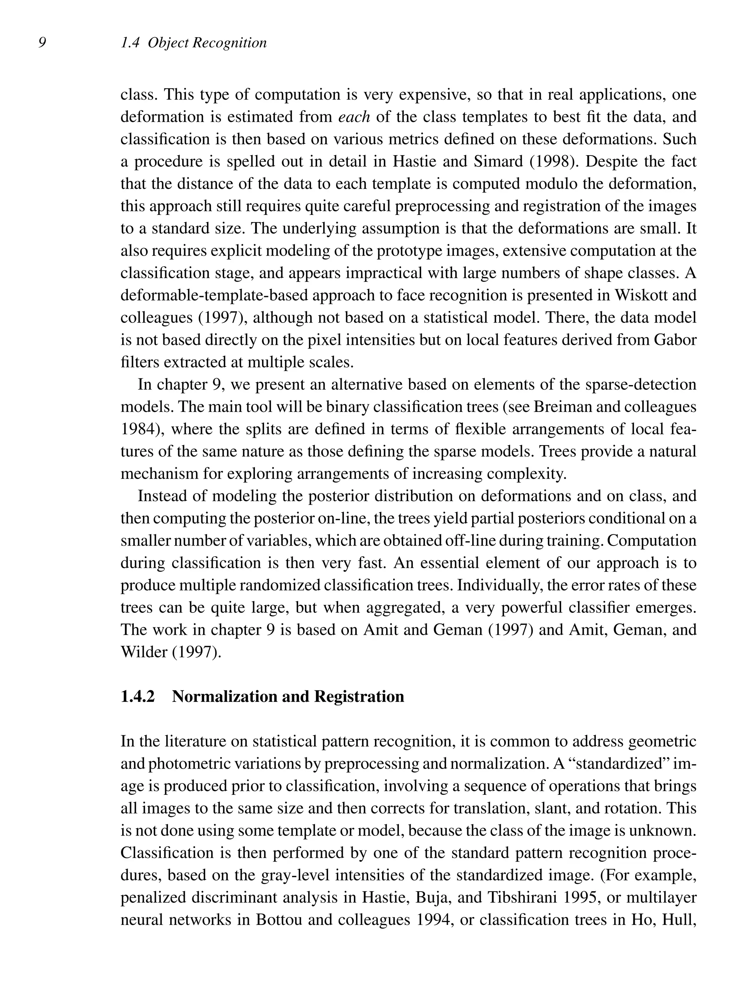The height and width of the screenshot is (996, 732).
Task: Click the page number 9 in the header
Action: (42, 43)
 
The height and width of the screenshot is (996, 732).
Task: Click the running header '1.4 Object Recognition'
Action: (194, 43)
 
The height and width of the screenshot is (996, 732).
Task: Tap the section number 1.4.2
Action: (138, 696)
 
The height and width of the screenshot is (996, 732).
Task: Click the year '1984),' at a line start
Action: (141, 429)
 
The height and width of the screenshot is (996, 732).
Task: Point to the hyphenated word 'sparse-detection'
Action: (641, 384)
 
